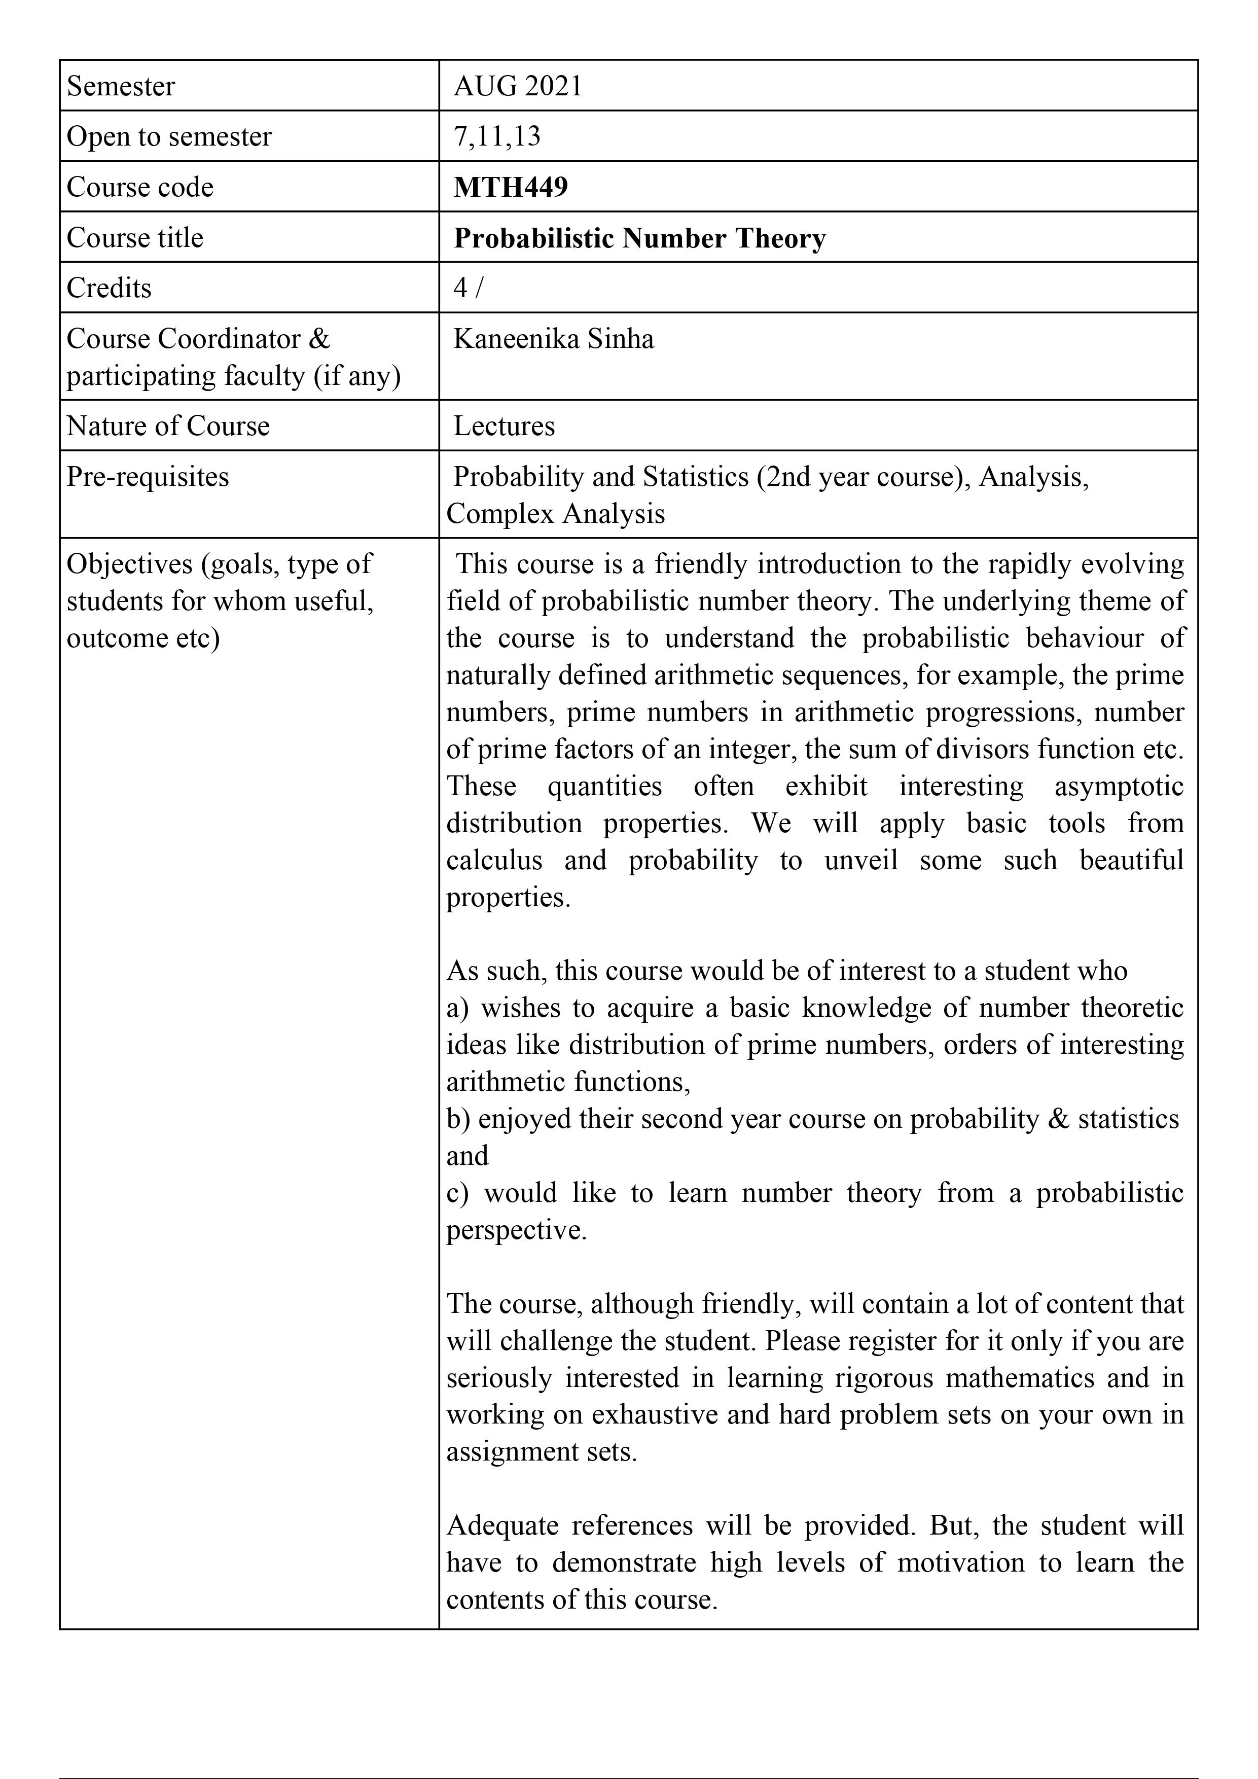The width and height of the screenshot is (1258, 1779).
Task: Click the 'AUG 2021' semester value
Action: point(518,86)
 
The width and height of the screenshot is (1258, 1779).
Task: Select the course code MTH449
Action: point(511,187)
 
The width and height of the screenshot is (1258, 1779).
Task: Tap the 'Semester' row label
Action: point(121,86)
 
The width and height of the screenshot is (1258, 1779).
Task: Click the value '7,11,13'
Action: point(496,136)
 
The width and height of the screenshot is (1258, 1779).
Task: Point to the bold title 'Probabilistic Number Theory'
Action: point(639,238)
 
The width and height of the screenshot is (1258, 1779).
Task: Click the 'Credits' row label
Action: point(109,288)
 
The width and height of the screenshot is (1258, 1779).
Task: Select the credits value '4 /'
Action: point(468,288)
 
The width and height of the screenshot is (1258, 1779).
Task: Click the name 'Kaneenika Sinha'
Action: point(553,339)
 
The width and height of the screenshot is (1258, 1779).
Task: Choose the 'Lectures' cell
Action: point(504,426)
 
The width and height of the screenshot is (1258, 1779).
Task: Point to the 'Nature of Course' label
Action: point(168,426)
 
